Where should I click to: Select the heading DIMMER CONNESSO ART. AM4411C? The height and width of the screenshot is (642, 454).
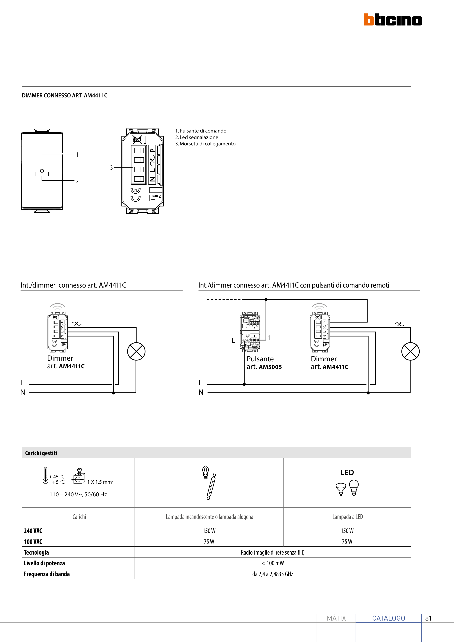tap(65, 96)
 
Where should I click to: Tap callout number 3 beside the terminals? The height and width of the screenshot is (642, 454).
tap(111, 167)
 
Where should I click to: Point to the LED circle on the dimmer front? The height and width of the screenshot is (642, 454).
tap(42, 170)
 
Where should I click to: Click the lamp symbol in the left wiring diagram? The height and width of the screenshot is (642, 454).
tap(136, 352)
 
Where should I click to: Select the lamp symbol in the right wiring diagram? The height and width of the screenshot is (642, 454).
tap(410, 352)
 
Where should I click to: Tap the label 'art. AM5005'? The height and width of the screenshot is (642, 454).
tap(264, 367)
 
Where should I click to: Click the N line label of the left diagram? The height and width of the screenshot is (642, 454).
tap(23, 392)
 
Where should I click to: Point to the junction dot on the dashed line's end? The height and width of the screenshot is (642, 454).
tap(266, 300)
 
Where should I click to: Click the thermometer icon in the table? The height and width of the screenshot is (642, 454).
tap(45, 475)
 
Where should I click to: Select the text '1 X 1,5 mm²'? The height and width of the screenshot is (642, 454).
tap(100, 482)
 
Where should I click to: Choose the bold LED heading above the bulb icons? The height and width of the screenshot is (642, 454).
tap(347, 473)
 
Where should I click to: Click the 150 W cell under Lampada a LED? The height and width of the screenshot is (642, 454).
tap(347, 531)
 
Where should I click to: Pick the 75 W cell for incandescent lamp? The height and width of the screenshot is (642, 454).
tap(209, 542)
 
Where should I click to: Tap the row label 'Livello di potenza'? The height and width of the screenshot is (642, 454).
tap(44, 563)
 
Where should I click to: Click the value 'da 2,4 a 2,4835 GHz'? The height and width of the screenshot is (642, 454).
tap(273, 574)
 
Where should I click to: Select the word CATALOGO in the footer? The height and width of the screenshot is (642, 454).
tap(389, 618)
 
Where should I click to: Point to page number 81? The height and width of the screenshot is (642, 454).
tap(428, 618)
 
